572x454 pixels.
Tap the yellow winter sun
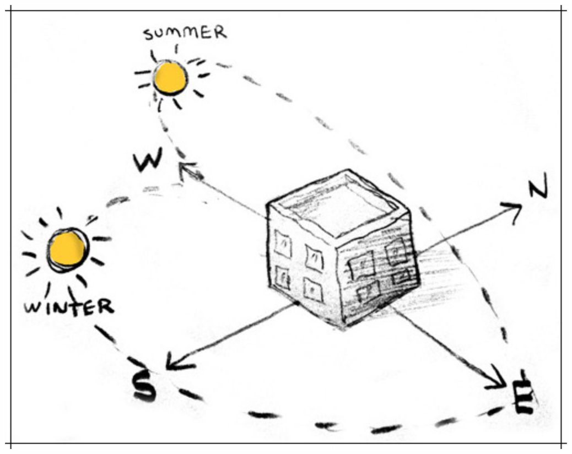tap(68, 250)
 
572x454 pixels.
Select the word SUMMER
tap(185, 33)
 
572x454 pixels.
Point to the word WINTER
tap(69, 306)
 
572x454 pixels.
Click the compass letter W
tap(148, 160)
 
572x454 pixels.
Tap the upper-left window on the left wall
tap(283, 244)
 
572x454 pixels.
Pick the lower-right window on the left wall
tap(312, 289)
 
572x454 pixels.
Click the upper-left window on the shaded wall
tap(363, 264)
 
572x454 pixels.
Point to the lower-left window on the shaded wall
tap(368, 291)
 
